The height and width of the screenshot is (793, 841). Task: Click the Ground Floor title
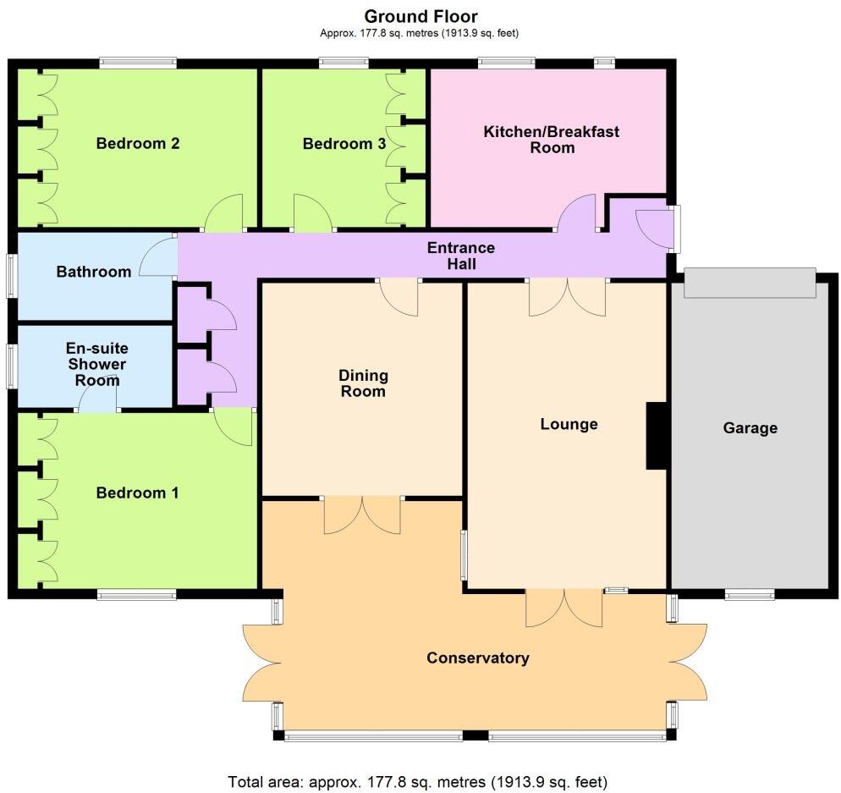(x=420, y=16)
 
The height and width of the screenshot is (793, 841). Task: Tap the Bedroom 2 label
(x=137, y=143)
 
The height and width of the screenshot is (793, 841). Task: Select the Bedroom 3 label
(x=344, y=144)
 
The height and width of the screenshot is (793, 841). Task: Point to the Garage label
(x=750, y=428)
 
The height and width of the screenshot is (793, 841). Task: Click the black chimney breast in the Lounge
(x=657, y=436)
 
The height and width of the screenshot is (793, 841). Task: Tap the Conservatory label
(x=477, y=658)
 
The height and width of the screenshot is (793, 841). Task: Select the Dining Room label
(x=363, y=383)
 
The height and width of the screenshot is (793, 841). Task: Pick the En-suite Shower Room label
(x=96, y=364)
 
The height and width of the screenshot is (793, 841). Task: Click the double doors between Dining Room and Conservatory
(x=362, y=515)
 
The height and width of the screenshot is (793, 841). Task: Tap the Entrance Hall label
(x=460, y=256)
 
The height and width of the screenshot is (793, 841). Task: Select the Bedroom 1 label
(x=137, y=493)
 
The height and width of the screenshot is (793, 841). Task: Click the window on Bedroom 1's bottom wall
(x=136, y=595)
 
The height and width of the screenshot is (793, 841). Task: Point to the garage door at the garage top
(x=750, y=284)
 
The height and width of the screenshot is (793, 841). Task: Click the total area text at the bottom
(x=417, y=780)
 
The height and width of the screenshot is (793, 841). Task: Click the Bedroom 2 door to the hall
(x=224, y=214)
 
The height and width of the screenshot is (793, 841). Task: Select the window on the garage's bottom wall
(x=749, y=595)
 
